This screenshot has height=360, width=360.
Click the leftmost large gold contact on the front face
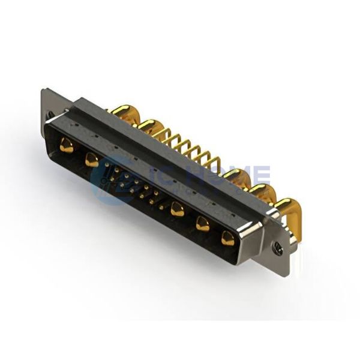click(67, 145)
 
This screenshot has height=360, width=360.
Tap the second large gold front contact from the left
click(92, 160)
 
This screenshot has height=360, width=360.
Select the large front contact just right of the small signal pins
click(177, 209)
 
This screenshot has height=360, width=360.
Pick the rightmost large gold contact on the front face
click(228, 238)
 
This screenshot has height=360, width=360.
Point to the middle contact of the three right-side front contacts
click(203, 224)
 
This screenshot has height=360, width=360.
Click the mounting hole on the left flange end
click(50, 115)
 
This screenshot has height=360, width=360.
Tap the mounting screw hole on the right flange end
click(277, 246)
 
